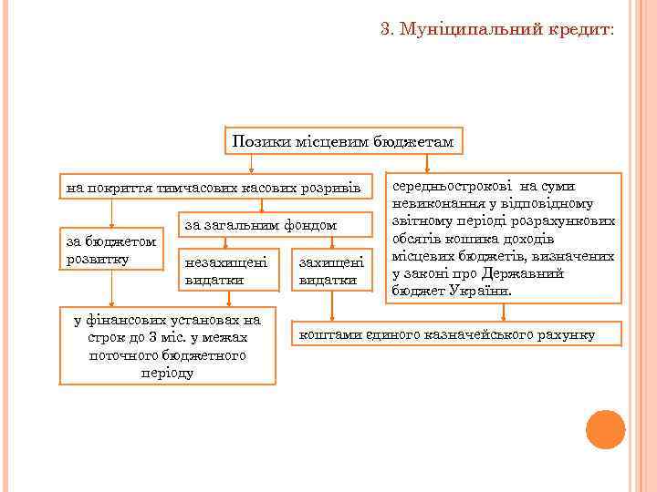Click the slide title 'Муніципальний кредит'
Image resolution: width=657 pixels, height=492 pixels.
497,30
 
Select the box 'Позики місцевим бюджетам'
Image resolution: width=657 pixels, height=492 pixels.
343,142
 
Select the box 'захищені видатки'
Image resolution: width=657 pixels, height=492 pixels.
331,271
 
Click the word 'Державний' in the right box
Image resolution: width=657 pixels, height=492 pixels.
534,273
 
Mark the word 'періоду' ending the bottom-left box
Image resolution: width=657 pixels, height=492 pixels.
167,372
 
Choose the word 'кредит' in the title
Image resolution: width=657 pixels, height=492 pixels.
584,30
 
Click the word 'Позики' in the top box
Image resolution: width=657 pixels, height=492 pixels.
256,142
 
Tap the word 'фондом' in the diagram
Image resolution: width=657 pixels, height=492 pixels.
311,224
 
